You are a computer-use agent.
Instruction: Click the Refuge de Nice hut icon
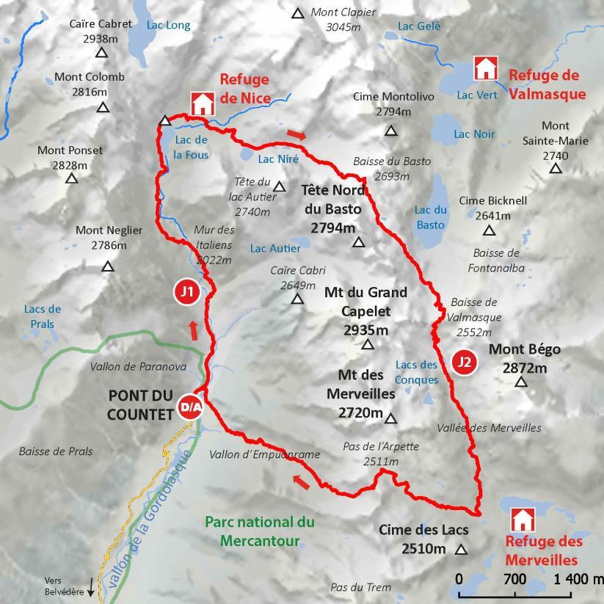[201, 103]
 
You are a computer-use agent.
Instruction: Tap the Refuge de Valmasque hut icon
[485, 68]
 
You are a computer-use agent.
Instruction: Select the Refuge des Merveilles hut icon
[522, 520]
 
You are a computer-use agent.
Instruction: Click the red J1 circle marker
[187, 291]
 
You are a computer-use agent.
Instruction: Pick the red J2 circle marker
[463, 361]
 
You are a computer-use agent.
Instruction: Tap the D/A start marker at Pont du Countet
[189, 408]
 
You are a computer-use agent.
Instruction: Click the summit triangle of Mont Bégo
[521, 382]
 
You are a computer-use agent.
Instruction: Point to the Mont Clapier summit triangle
[298, 13]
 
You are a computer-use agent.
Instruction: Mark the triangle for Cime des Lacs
[461, 550]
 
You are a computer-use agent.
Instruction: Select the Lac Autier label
[274, 248]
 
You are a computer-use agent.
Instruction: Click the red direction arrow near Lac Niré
[296, 134]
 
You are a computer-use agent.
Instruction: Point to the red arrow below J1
[194, 330]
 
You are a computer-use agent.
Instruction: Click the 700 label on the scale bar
[514, 579]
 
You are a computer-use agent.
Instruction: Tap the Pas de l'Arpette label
[371, 454]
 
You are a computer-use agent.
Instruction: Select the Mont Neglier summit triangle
[108, 266]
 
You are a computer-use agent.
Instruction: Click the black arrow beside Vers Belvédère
[91, 587]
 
